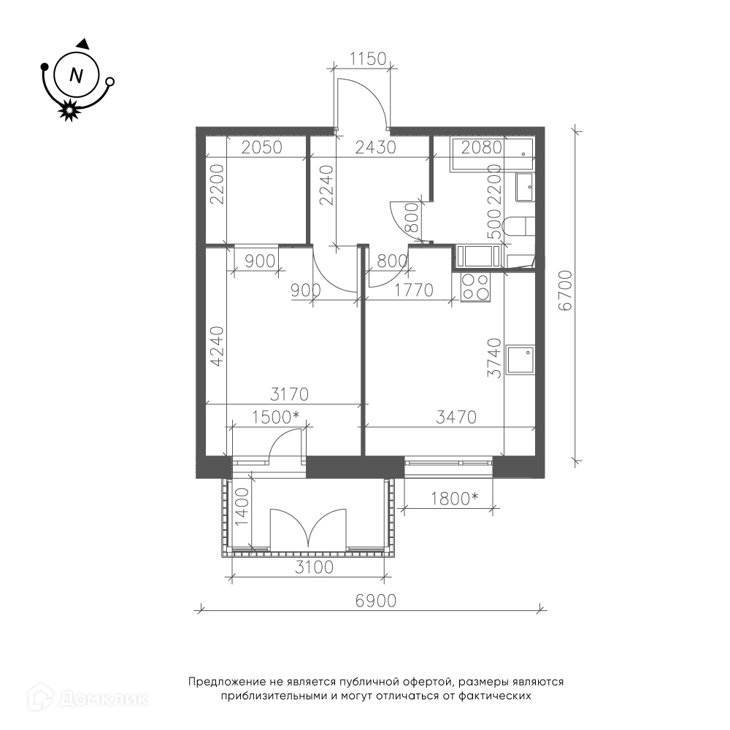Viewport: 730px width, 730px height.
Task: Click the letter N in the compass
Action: pos(76,74)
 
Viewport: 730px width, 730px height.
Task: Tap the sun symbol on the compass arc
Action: pos(69,110)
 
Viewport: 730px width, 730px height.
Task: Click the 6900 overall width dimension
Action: pos(376,601)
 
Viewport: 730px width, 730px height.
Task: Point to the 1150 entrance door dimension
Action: pos(368,58)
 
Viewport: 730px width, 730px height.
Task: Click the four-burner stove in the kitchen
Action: pos(474,287)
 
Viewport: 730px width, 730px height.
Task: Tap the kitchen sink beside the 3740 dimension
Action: pos(520,360)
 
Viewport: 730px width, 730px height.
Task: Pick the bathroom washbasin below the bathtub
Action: pos(525,188)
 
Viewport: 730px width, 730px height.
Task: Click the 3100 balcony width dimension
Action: pos(314,567)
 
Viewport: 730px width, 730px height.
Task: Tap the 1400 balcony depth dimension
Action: pos(242,507)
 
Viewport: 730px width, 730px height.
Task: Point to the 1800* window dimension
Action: pos(454,499)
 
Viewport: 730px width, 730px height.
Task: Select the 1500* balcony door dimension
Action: pos(275,417)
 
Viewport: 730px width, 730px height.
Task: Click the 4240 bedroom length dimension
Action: pos(217,346)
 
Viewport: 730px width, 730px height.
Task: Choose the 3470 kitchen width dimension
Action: pos(456,417)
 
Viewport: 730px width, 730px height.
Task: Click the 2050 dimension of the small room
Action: pos(262,147)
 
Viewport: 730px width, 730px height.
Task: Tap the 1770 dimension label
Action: pos(413,291)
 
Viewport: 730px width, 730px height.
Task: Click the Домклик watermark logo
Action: pos(88,697)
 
